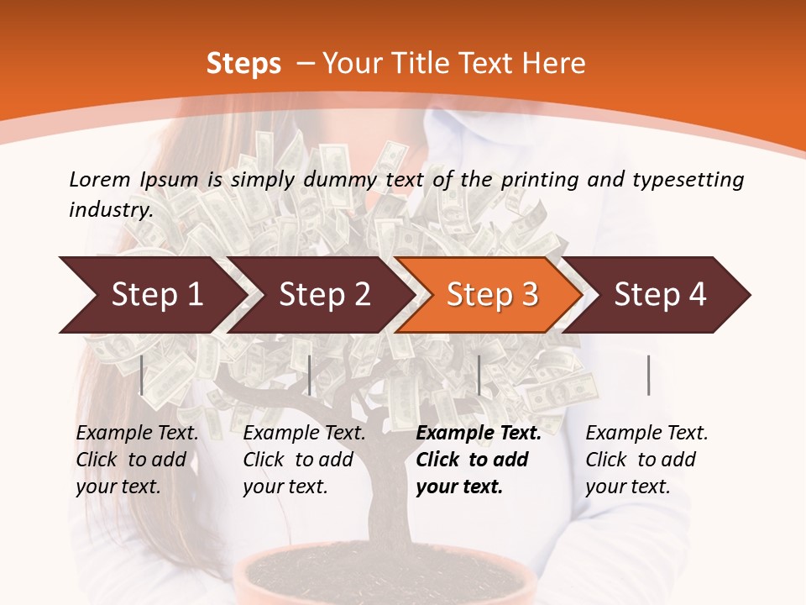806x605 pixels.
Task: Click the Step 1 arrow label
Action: coord(157,294)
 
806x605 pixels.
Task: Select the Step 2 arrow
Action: coord(325,294)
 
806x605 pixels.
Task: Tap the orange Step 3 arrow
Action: coord(493,294)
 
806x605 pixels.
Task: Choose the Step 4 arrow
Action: coord(661,294)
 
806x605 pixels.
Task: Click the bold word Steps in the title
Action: coord(243,64)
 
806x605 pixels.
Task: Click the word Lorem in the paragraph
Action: coord(99,179)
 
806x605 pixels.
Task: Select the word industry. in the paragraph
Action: coord(111,210)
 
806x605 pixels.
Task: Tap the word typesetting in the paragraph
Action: coord(683,179)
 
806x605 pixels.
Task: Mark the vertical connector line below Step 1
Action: coord(142,375)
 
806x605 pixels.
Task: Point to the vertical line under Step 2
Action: coord(310,375)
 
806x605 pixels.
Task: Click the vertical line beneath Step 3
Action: coord(479,375)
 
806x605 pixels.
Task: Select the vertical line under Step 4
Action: coord(648,375)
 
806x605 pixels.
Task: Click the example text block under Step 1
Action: coord(137,460)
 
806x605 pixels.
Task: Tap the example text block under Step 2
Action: coord(304,460)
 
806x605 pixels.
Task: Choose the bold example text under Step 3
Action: coord(479,460)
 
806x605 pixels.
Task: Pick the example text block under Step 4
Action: coord(646,460)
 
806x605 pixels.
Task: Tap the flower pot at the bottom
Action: coord(386,580)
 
